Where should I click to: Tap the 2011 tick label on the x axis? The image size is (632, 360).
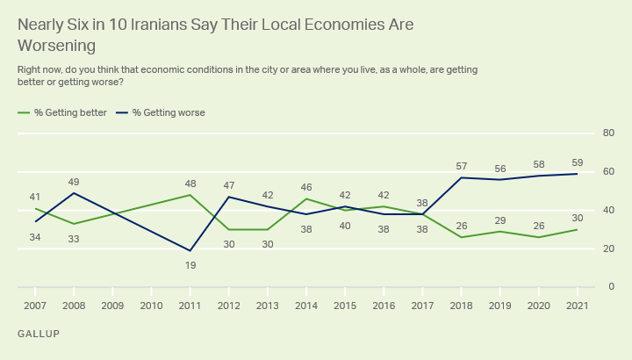(x=190, y=306)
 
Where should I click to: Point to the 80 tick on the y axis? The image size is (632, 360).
(x=607, y=133)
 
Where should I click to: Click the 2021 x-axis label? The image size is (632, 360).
(x=577, y=306)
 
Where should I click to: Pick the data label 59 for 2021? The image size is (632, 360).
(x=577, y=162)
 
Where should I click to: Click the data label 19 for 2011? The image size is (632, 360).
(x=190, y=265)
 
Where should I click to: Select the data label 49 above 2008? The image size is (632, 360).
(x=74, y=182)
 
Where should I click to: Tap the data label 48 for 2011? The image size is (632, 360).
(x=190, y=184)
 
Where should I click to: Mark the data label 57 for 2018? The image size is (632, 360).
(x=461, y=166)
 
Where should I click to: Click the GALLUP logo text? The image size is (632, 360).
(x=39, y=335)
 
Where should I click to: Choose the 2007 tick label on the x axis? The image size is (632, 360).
(x=35, y=306)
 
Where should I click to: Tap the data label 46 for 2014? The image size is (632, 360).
(x=305, y=187)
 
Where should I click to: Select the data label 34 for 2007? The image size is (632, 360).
(x=35, y=237)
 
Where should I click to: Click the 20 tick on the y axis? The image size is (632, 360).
(x=607, y=249)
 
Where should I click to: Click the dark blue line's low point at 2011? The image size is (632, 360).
(x=190, y=250)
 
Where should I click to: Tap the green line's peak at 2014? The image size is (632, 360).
(x=305, y=198)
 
